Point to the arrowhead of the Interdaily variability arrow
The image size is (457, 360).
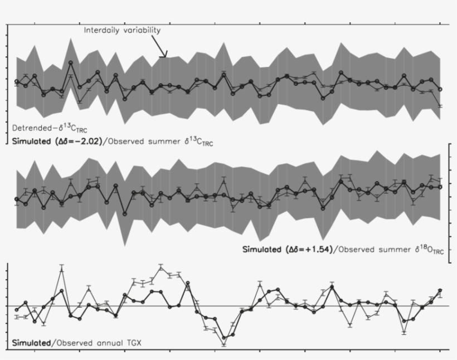pos(165,56)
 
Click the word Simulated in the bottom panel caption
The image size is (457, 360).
pos(30,342)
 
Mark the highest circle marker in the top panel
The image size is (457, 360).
pos(71,63)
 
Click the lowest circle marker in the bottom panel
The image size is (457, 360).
pos(224,337)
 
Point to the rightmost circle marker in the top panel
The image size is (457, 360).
pos(440,89)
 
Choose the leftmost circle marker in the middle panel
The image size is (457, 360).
pos(17,199)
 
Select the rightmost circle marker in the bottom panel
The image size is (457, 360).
pos(440,290)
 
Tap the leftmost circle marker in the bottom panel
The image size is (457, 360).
pos(17,310)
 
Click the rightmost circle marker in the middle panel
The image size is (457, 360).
pos(440,187)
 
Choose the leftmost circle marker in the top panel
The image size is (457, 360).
pos(17,82)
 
